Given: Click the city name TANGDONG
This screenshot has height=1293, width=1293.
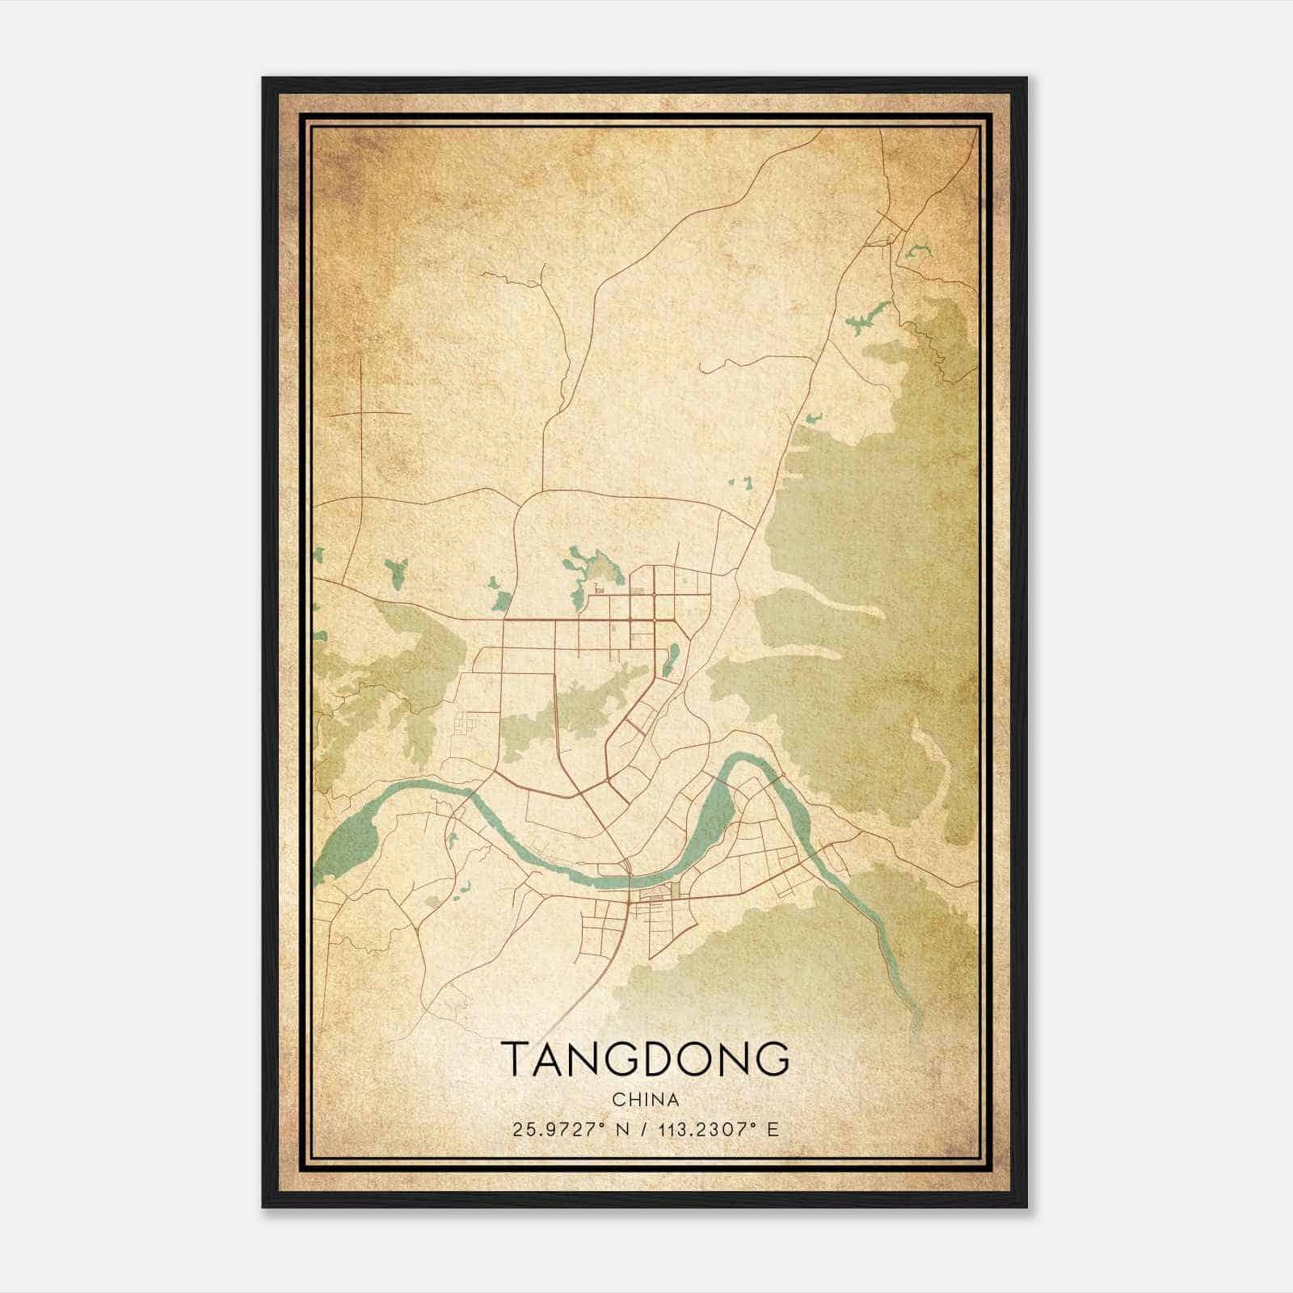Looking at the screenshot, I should (645, 1059).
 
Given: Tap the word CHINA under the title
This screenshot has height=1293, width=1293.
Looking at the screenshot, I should (645, 1100).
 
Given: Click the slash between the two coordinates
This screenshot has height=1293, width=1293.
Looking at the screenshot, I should (644, 1129).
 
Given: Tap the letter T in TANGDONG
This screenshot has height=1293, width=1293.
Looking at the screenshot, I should (515, 1059).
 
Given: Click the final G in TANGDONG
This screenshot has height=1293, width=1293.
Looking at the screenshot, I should (772, 1059).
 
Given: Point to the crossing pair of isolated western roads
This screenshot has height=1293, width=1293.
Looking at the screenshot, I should (361, 413).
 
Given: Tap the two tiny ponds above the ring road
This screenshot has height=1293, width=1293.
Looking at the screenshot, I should (739, 483).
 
